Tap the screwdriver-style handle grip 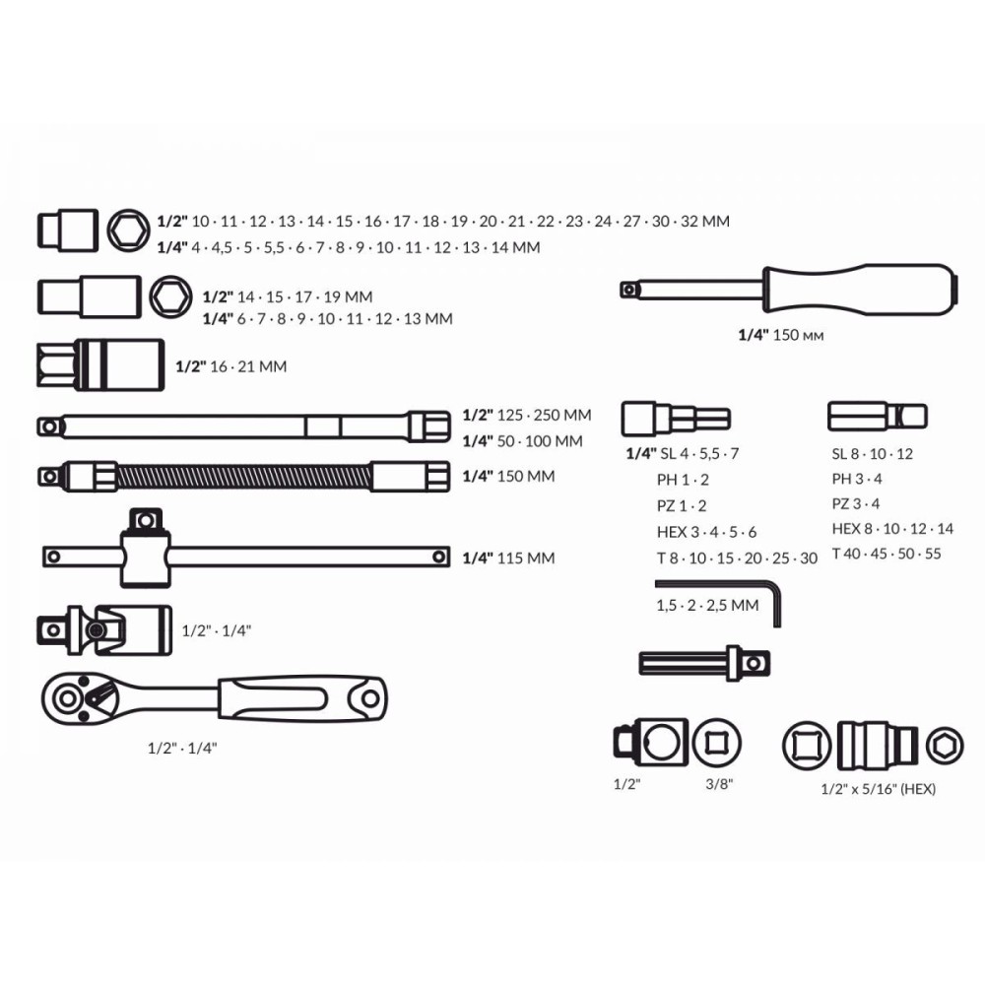tap(861, 289)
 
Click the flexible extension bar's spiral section tap(243, 477)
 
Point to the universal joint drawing tap(104, 630)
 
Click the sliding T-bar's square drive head tap(145, 520)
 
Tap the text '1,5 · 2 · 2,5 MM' tap(707, 606)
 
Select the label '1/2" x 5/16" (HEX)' tap(878, 789)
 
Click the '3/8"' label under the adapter tap(719, 784)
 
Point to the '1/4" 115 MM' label tap(508, 558)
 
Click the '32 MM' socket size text tap(705, 221)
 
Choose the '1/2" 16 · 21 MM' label tap(230, 366)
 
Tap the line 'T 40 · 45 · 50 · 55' tap(886, 554)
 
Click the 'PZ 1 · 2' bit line tap(682, 505)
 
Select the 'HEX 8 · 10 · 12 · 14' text tap(892, 529)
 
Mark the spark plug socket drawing tap(100, 365)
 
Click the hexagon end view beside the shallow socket tap(128, 230)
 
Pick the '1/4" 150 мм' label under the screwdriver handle tap(780, 335)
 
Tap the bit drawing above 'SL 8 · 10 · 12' tap(877, 417)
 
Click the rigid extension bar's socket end tap(429, 427)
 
